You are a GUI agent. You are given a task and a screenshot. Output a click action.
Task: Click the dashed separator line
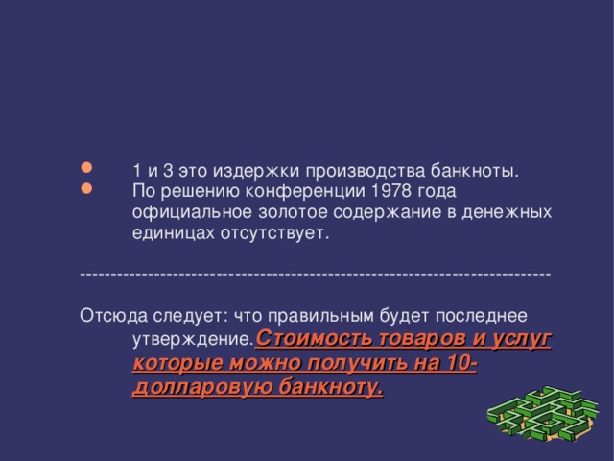(x=316, y=274)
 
